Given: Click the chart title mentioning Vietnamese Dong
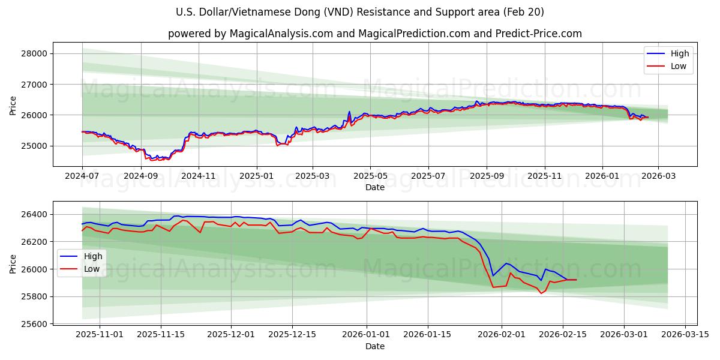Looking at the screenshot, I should click(360, 12).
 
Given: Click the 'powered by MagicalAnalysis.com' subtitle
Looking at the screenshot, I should click(374, 34).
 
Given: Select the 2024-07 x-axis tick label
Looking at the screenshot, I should click(82, 176).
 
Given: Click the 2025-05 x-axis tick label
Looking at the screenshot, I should click(370, 176).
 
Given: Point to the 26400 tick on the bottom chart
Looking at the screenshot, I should click(38, 215).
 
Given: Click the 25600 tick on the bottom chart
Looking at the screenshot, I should click(38, 325).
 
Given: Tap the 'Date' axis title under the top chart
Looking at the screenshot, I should click(375, 188).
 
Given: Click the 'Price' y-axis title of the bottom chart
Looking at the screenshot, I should click(13, 263).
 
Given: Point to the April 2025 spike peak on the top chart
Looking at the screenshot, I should click(349, 112).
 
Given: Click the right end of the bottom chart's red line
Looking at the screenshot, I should click(576, 280).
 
